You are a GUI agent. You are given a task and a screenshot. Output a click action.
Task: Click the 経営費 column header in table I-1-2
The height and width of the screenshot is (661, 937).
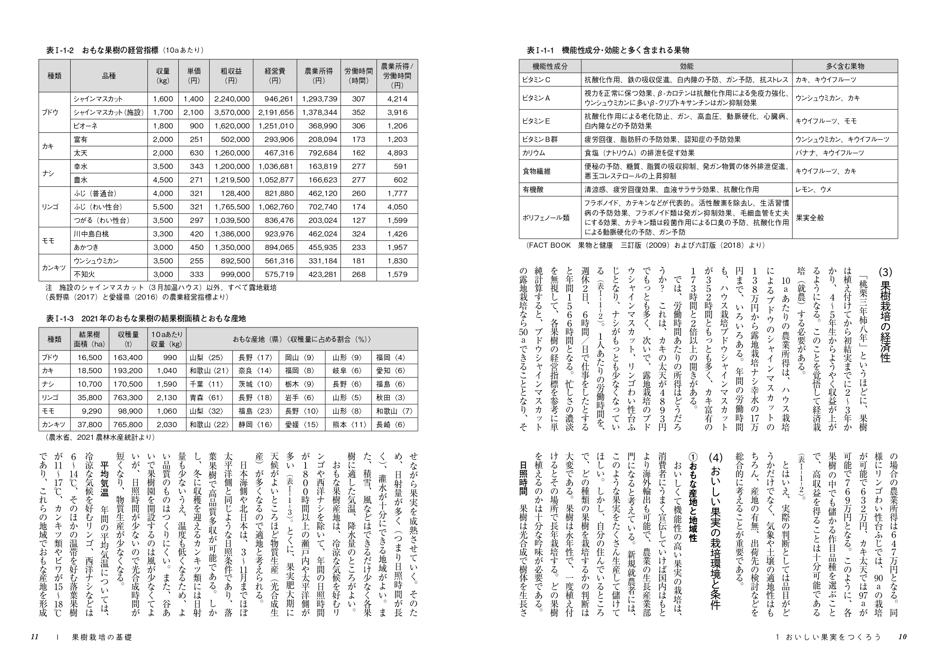pyautogui.click(x=275, y=76)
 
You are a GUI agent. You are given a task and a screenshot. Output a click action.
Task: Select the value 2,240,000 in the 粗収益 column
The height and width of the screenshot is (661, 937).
pyautogui.click(x=231, y=99)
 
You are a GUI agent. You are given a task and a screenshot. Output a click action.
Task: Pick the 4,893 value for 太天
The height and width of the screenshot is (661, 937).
pyautogui.click(x=397, y=153)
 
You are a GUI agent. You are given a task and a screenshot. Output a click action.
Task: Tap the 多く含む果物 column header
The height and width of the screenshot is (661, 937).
pyautogui.click(x=845, y=66)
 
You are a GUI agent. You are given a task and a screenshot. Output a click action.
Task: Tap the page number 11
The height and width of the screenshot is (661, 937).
pyautogui.click(x=35, y=637)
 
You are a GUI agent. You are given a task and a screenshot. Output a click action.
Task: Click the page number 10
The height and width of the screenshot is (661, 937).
pyautogui.click(x=902, y=637)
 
